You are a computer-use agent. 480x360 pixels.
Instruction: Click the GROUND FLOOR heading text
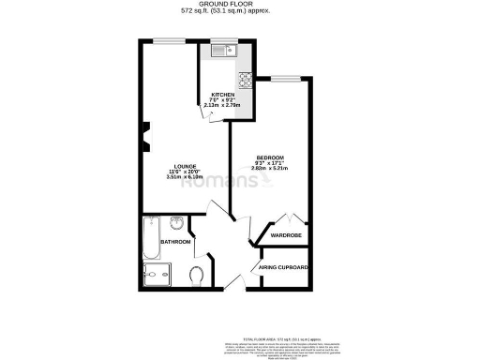(x=239, y=5)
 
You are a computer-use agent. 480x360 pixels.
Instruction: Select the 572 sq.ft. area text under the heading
(x=239, y=12)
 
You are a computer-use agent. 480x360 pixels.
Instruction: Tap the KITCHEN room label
(x=222, y=95)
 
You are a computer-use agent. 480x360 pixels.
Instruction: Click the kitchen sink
(x=217, y=51)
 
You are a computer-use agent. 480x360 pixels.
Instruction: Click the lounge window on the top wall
(x=169, y=40)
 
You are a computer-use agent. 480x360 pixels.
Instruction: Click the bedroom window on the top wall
(x=286, y=76)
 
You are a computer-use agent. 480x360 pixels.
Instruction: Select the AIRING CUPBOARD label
(x=285, y=267)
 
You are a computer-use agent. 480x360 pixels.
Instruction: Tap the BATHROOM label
(x=175, y=242)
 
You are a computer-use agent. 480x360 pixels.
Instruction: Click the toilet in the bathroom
(x=196, y=276)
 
